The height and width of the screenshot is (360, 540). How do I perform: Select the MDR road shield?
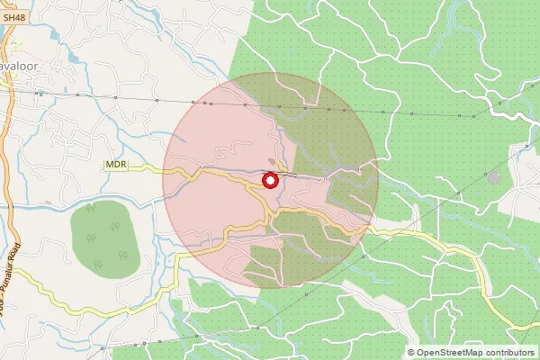tap(116, 166)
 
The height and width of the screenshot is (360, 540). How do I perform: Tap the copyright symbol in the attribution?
tap(411, 352)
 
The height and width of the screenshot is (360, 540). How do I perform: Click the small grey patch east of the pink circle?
tap(493, 176)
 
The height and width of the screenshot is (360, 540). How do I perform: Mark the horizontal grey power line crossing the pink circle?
tap(225, 103)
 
